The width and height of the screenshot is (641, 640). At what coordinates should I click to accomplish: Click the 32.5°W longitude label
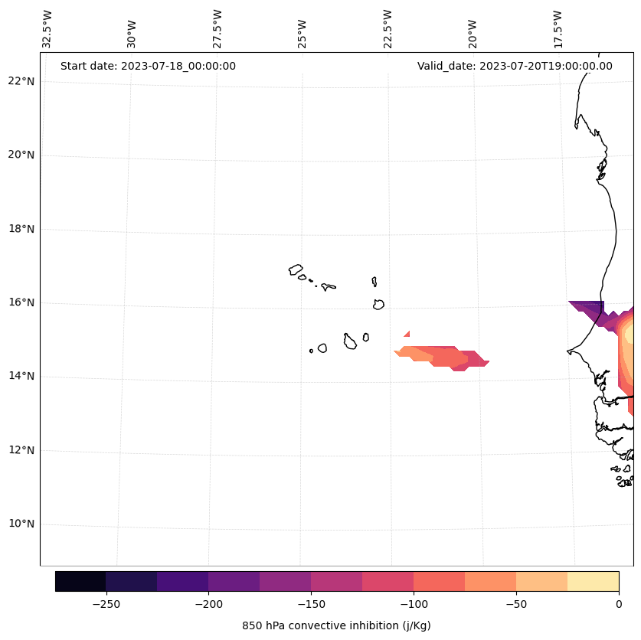coord(47,29)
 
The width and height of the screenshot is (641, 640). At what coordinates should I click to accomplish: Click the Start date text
coord(148,66)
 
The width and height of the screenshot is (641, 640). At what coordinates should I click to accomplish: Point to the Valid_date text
coord(515,66)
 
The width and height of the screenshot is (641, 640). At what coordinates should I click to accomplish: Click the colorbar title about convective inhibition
coord(336,625)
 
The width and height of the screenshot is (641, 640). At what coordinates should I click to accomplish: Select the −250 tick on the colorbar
coord(106,603)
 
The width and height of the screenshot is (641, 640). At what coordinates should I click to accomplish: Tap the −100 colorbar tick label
coord(414,603)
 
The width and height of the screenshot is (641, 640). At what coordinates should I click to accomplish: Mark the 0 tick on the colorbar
coord(619,603)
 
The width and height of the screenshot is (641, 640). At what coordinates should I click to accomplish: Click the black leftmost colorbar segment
coord(80,582)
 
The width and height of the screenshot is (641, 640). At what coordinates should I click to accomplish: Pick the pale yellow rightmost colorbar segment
coord(593,582)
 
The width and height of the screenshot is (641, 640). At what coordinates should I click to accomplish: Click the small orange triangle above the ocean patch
coord(407,334)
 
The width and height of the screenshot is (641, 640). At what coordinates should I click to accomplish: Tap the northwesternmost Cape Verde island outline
coord(296,269)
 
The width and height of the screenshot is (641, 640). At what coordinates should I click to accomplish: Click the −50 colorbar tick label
coord(516,603)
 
